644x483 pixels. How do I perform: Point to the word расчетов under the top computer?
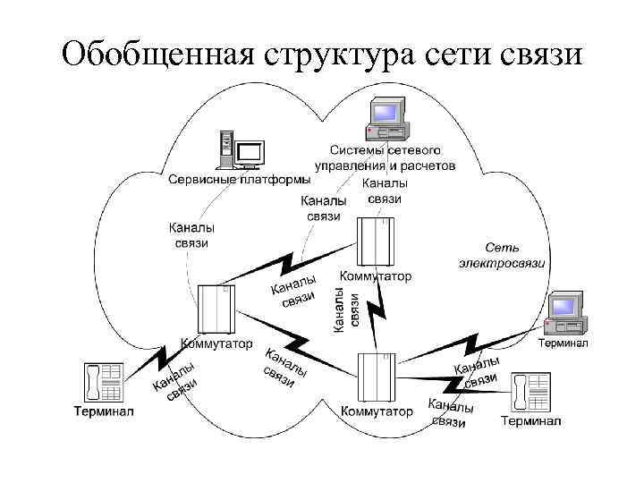pyautogui.click(x=421, y=166)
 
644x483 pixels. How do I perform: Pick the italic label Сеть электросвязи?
pyautogui.click(x=502, y=254)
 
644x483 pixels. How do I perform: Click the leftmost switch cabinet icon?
pyautogui.click(x=216, y=309)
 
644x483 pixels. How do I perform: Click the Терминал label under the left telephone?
pyautogui.click(x=103, y=411)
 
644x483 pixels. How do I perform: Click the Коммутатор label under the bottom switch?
pyautogui.click(x=377, y=412)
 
